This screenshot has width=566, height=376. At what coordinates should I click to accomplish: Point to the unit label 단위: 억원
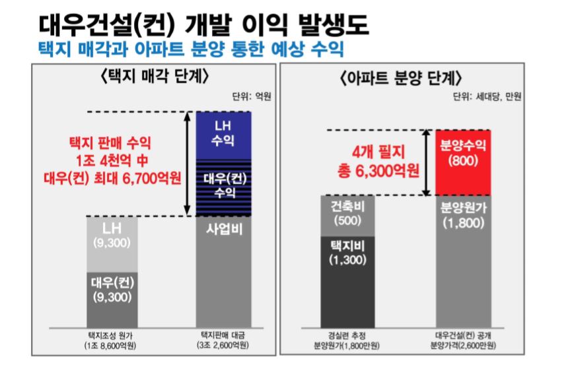[252, 96]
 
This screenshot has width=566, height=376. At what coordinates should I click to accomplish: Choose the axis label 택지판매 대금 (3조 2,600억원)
[223, 339]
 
